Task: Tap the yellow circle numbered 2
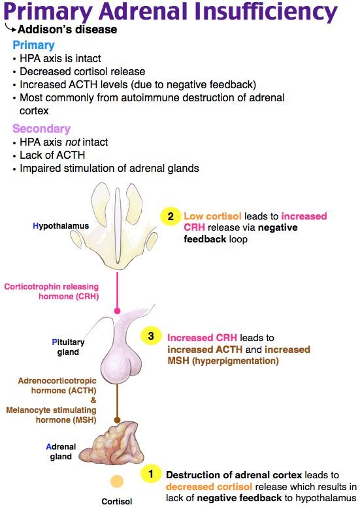point(169,216)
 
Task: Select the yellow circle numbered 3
point(151,336)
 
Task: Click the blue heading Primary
point(33,45)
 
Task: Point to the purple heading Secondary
point(41,129)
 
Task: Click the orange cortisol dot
point(117,482)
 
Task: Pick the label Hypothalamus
point(61,225)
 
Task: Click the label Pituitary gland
point(65,346)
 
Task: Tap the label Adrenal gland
point(61,452)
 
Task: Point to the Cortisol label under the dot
point(116,502)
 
